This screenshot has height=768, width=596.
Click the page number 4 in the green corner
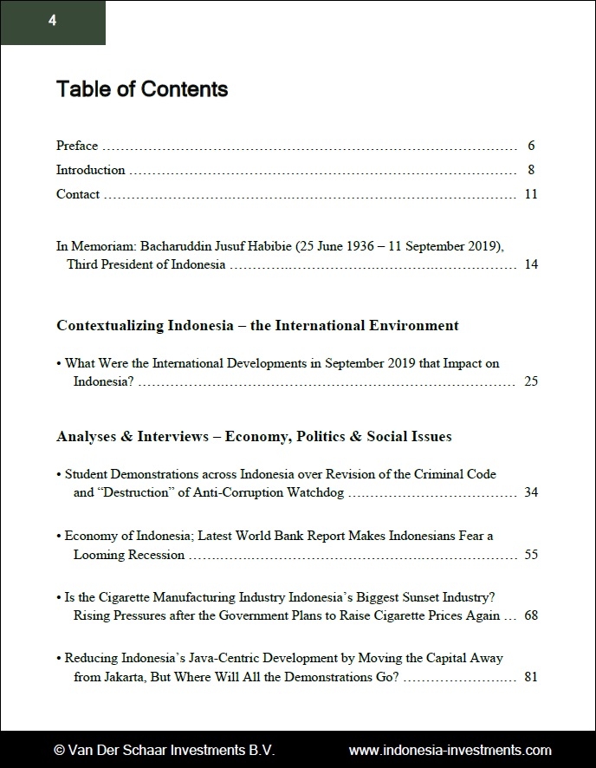52,22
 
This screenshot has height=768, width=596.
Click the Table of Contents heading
142,89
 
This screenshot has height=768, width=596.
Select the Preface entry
77,146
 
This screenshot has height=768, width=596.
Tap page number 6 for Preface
531,146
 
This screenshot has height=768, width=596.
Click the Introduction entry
91,170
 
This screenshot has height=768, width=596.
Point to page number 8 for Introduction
531,170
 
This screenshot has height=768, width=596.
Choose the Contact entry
78,194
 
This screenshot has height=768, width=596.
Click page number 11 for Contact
531,194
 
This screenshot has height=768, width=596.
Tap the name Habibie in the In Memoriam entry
269,246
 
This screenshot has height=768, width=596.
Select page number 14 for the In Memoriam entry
531,264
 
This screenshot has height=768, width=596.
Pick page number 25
531,381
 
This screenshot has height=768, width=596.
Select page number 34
531,492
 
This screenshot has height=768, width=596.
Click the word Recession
155,555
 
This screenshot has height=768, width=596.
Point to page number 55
531,555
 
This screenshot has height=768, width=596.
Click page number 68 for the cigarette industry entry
531,615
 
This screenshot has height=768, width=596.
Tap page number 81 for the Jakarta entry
531,676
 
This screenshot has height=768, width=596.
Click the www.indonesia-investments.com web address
450,750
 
